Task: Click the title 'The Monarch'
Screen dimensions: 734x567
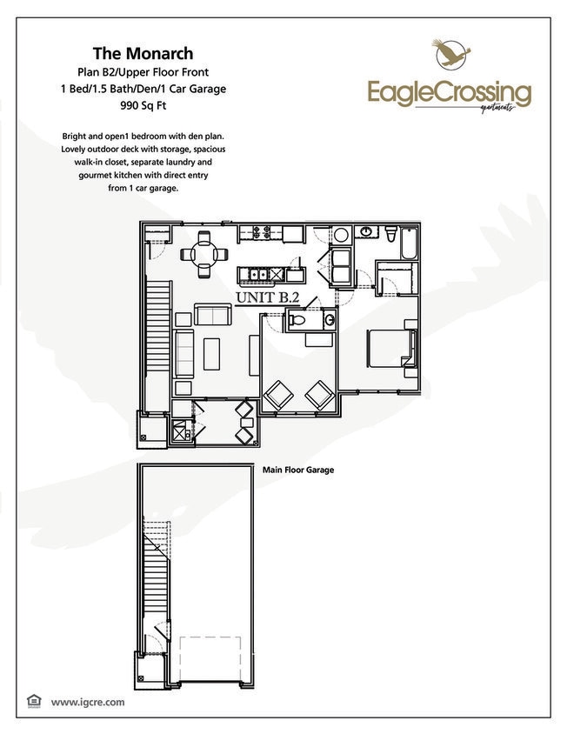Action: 143,54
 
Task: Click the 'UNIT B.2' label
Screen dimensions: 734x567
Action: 268,297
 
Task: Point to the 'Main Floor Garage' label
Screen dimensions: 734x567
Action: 298,470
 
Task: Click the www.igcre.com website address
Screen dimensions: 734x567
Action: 88,701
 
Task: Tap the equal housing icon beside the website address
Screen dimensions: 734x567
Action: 35,700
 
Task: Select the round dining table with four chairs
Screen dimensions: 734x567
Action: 204,254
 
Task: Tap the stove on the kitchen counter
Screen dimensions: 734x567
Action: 259,232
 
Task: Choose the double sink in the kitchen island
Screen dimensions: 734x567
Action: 258,275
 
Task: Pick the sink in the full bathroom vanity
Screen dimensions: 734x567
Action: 367,232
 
